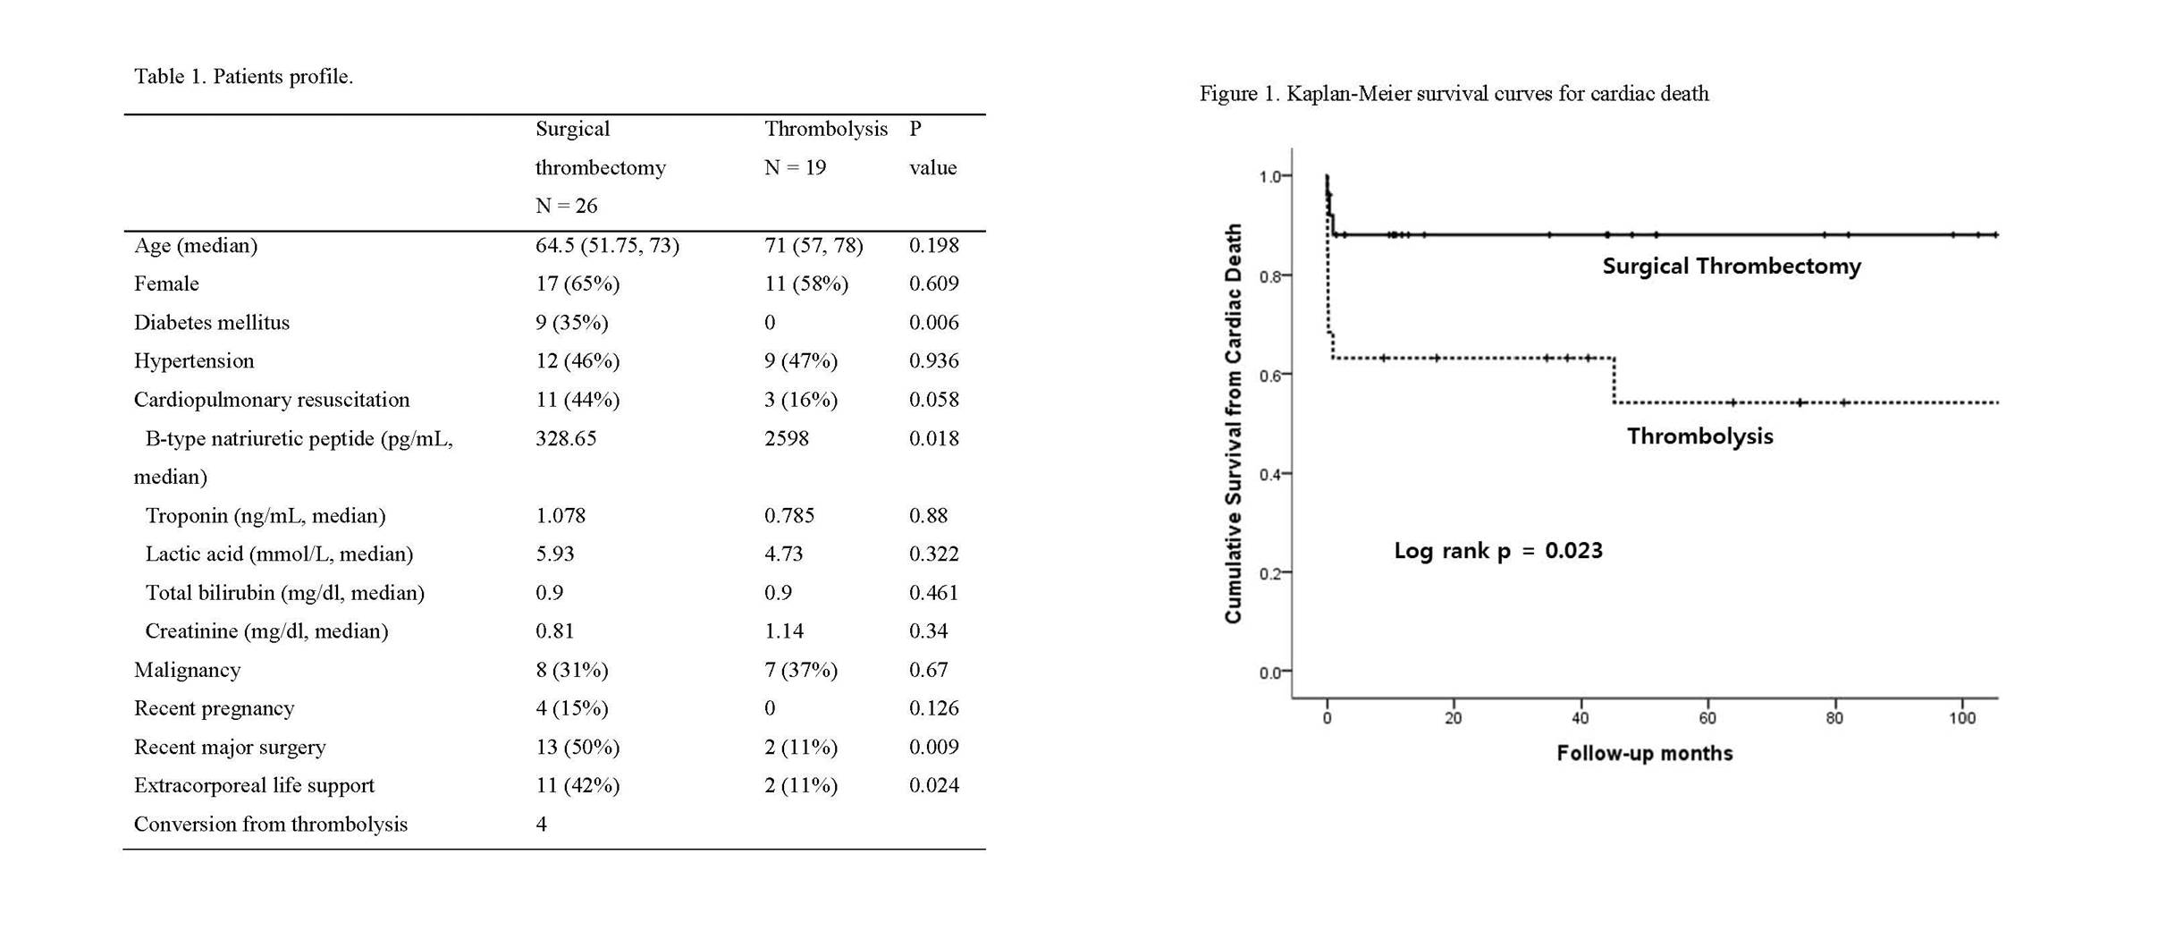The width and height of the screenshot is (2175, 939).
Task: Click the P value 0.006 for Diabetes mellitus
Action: pyautogui.click(x=933, y=323)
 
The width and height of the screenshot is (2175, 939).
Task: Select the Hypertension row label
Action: pyautogui.click(x=194, y=361)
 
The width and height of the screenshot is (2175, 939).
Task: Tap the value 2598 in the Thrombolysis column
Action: pyautogui.click(x=787, y=438)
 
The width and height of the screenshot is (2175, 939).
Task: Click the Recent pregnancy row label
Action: pyautogui.click(x=214, y=708)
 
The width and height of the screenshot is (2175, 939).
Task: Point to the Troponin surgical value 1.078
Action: pyautogui.click(x=561, y=516)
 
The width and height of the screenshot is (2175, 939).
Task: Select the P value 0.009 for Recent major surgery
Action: pyautogui.click(x=933, y=747)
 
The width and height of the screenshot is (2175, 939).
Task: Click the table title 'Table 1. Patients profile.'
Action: pyautogui.click(x=243, y=77)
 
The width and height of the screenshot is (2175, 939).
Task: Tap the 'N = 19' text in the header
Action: pyautogui.click(x=795, y=167)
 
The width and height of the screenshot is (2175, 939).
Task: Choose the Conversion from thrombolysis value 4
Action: pyautogui.click(x=542, y=824)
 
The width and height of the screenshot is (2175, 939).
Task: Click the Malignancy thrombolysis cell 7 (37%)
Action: pyautogui.click(x=801, y=670)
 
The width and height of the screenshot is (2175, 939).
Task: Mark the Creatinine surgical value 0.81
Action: pyautogui.click(x=554, y=631)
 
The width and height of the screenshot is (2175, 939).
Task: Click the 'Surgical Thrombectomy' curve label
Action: pyautogui.click(x=1732, y=266)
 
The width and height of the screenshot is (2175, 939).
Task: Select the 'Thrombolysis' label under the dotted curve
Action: pyautogui.click(x=1699, y=436)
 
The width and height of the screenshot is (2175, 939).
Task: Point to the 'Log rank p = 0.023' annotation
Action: pyautogui.click(x=1498, y=550)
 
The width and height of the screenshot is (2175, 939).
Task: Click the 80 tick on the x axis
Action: pyautogui.click(x=1834, y=718)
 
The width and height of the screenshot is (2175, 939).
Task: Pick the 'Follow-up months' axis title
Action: pyautogui.click(x=1645, y=754)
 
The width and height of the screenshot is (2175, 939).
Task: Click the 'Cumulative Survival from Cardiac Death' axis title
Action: pyautogui.click(x=1234, y=424)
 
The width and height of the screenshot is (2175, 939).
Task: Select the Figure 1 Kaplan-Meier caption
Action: pyautogui.click(x=1454, y=94)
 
